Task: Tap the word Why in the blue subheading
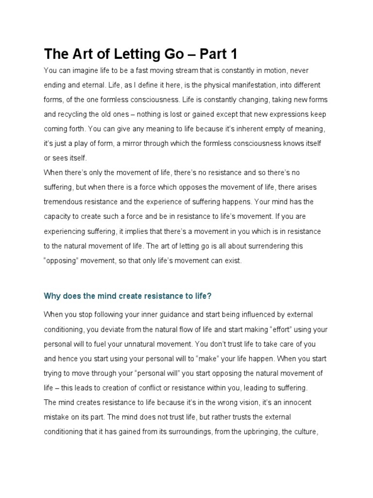[52, 295]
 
